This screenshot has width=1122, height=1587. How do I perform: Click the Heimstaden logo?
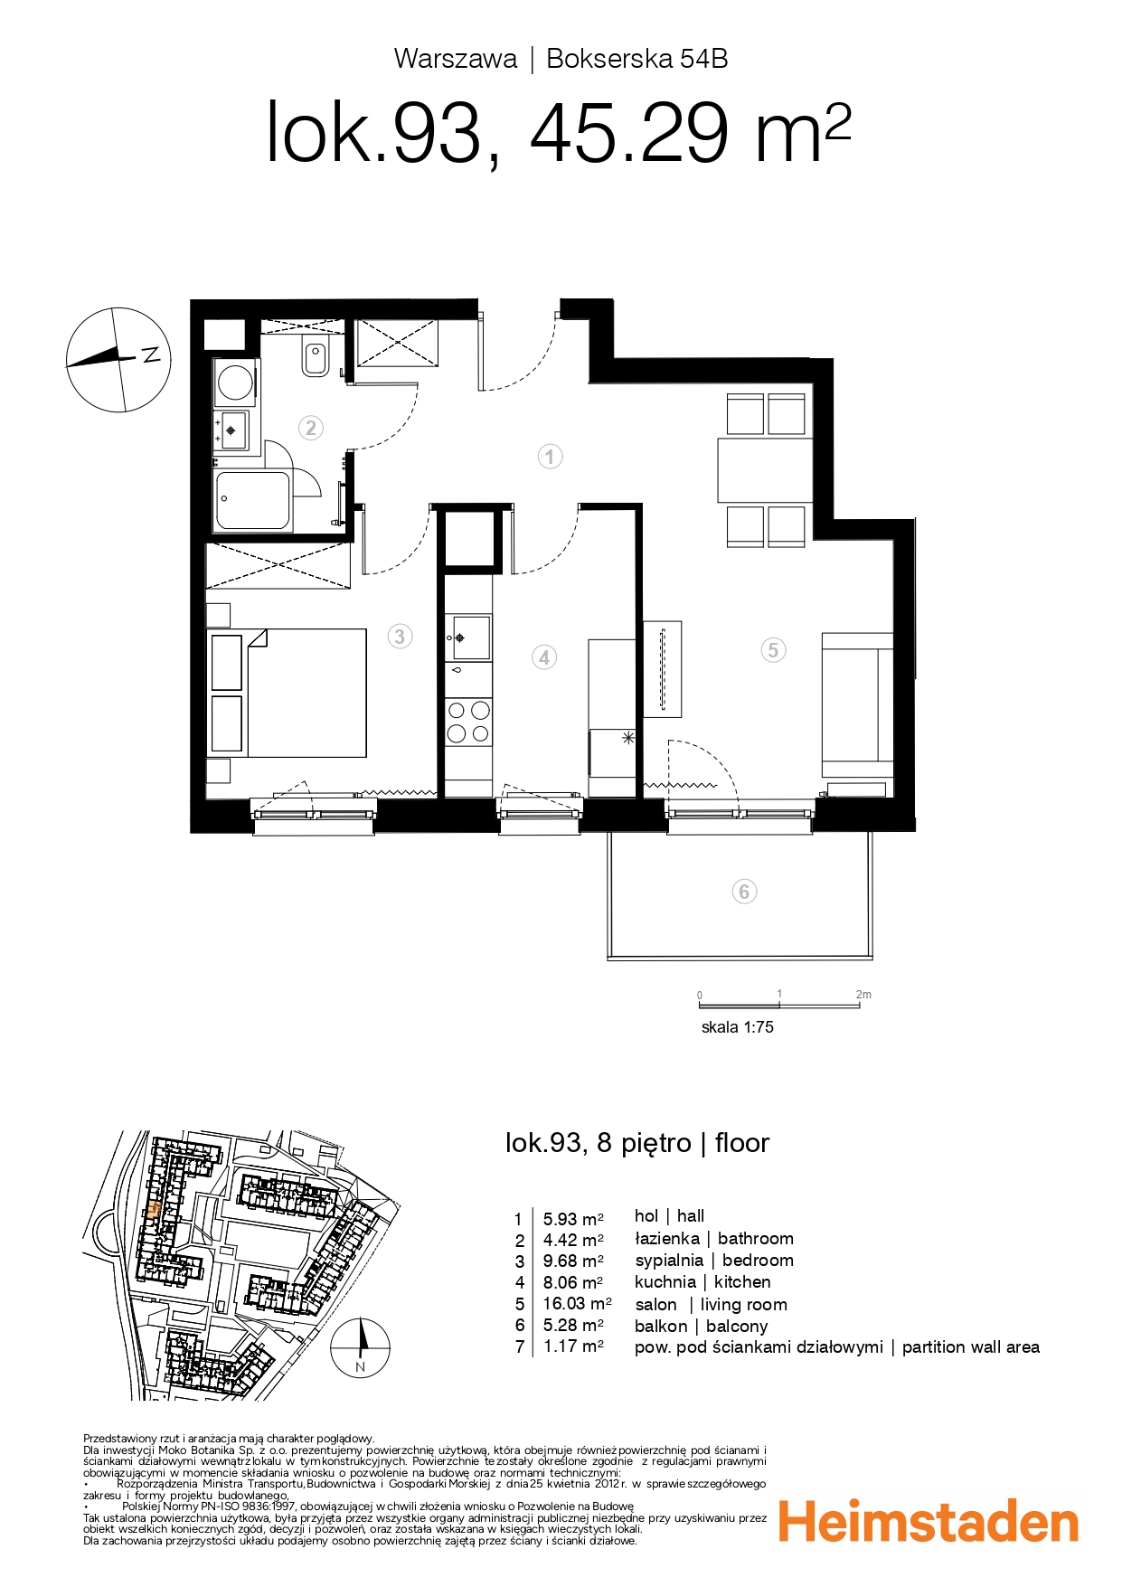(929, 1522)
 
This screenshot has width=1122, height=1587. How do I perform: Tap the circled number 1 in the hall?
(550, 457)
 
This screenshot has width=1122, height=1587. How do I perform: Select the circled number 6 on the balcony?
(743, 892)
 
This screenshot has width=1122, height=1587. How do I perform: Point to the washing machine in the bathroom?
(236, 382)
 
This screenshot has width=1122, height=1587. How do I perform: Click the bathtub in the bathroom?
(252, 500)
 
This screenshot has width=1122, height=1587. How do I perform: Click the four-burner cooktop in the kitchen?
(468, 722)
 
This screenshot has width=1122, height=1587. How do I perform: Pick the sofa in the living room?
(856, 704)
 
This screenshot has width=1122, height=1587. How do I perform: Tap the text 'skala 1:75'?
(737, 1027)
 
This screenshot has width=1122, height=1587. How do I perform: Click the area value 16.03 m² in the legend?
(577, 1304)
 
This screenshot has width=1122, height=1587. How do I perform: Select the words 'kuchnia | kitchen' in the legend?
(702, 1282)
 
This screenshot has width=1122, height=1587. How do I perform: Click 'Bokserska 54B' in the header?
(636, 59)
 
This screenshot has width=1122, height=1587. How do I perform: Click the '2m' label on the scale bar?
(863, 995)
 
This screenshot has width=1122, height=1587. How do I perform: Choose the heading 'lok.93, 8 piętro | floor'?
(636, 1143)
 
